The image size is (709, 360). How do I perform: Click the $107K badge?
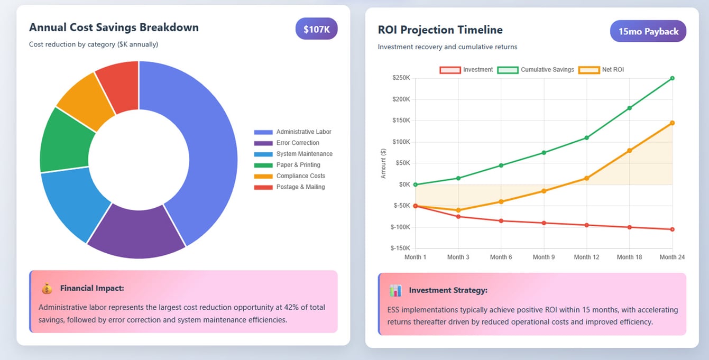click(x=316, y=29)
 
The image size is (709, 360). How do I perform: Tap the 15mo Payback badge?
click(x=648, y=31)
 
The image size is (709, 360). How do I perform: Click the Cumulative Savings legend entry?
click(x=536, y=70)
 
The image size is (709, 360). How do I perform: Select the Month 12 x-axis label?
click(x=586, y=257)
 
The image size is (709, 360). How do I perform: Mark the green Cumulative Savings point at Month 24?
click(x=672, y=78)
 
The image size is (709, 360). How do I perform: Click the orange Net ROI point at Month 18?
click(x=629, y=151)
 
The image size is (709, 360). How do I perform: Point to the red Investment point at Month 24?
click(x=672, y=229)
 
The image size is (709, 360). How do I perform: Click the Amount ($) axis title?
click(x=383, y=163)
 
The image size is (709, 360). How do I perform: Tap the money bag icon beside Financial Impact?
click(x=47, y=289)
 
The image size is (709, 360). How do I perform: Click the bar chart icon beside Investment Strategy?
click(x=395, y=290)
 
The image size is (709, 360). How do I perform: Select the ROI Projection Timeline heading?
click(x=440, y=30)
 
